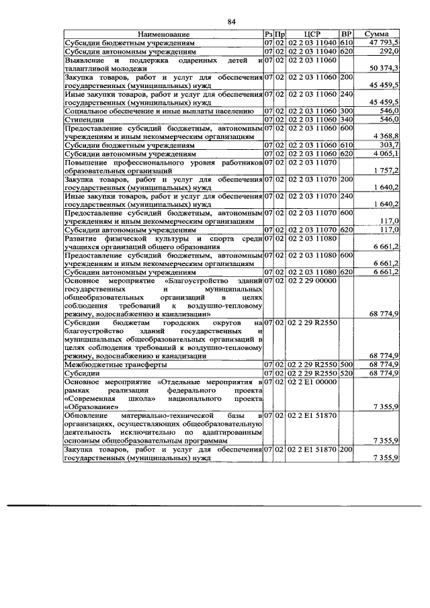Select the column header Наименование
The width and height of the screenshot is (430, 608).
(163, 34)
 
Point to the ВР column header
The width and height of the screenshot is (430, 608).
(347, 34)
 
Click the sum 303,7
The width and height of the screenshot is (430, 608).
(390, 146)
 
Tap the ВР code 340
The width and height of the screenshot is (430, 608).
(347, 120)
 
